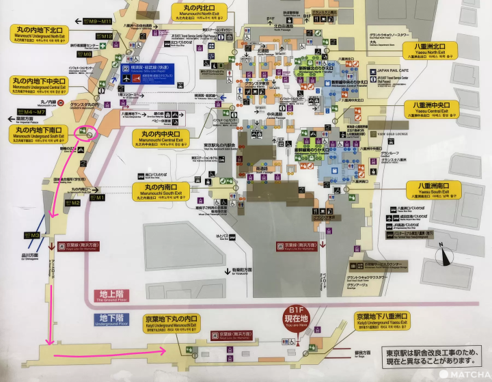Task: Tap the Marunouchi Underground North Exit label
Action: coord(38,33)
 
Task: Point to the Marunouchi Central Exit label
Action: coord(166,139)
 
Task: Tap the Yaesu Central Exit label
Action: coord(435,110)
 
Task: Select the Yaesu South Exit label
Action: coord(435,189)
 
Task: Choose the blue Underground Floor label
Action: coord(111,319)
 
